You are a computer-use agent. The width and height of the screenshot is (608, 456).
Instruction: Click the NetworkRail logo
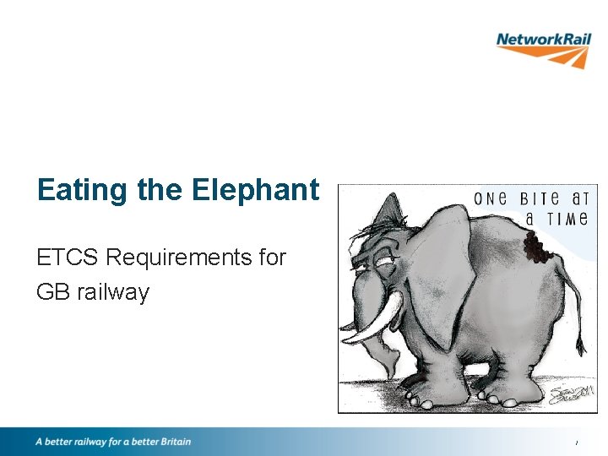[543, 48]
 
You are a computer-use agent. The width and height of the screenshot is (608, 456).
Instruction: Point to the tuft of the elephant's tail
[580, 345]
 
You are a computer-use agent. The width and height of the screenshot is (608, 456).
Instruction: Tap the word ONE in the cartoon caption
[490, 199]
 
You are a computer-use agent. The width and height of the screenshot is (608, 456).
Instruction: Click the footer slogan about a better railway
[113, 442]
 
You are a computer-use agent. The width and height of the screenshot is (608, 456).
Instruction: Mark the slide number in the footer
[577, 443]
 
